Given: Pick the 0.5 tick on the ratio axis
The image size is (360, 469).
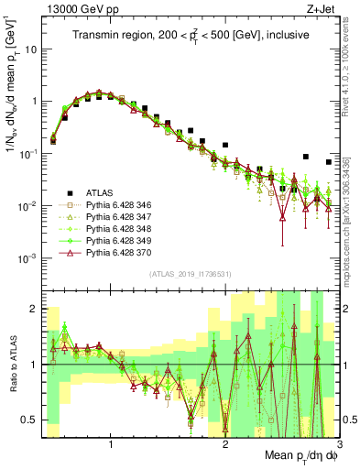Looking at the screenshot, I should [x=30, y=420].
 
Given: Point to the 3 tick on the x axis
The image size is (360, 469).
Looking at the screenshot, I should [x=339, y=443].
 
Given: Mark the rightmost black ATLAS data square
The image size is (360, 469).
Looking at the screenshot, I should [x=329, y=162].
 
